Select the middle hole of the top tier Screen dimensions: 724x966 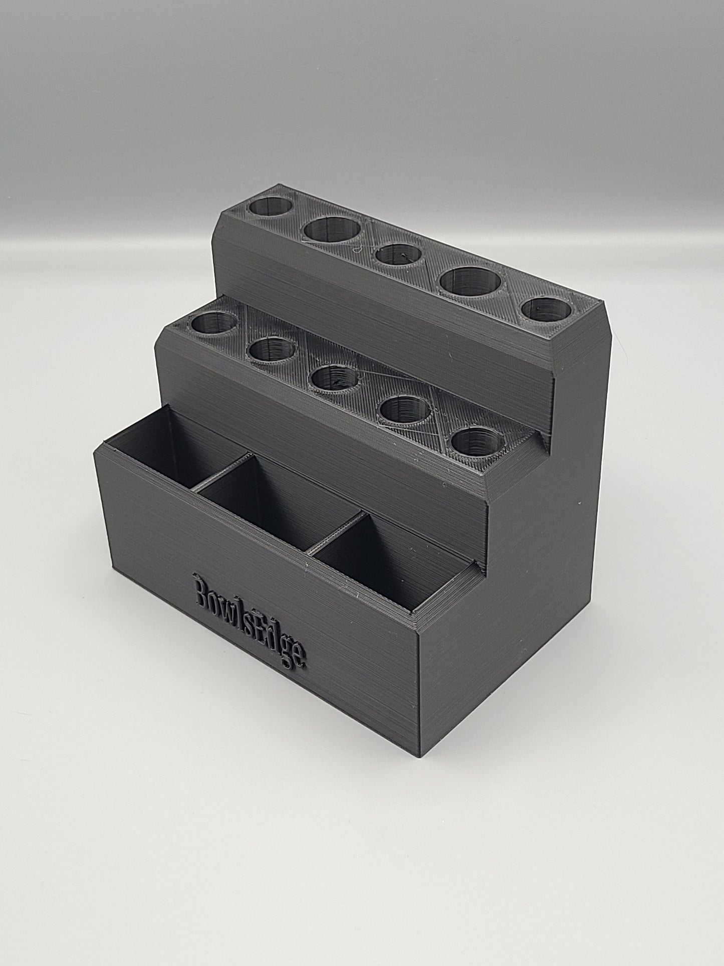(x=399, y=255)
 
